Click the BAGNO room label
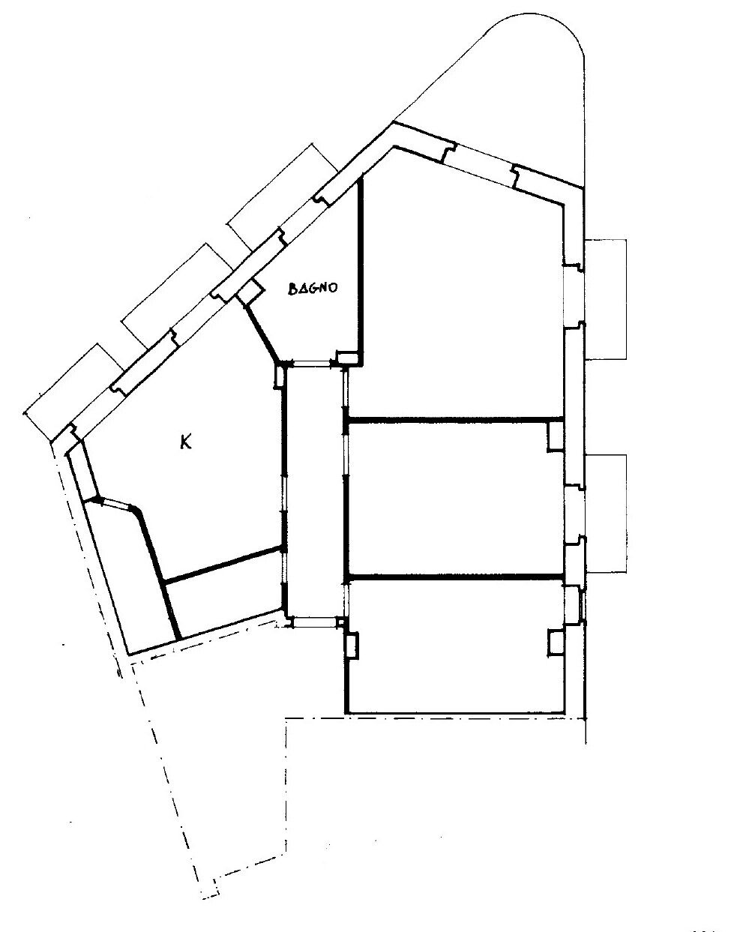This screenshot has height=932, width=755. click(x=313, y=289)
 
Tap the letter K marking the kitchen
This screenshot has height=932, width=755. click(x=186, y=443)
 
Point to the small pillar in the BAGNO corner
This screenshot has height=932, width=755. click(x=348, y=358)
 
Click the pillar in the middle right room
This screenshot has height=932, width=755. click(x=555, y=436)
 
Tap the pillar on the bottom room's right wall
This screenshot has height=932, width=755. click(x=556, y=643)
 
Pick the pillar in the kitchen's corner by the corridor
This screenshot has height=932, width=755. click(x=279, y=376)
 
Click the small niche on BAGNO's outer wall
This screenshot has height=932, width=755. click(x=250, y=291)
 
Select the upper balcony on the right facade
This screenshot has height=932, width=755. click(x=606, y=299)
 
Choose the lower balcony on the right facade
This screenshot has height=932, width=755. click(x=606, y=514)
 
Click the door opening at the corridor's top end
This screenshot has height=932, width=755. click(x=311, y=363)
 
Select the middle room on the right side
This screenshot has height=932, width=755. click(x=455, y=499)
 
